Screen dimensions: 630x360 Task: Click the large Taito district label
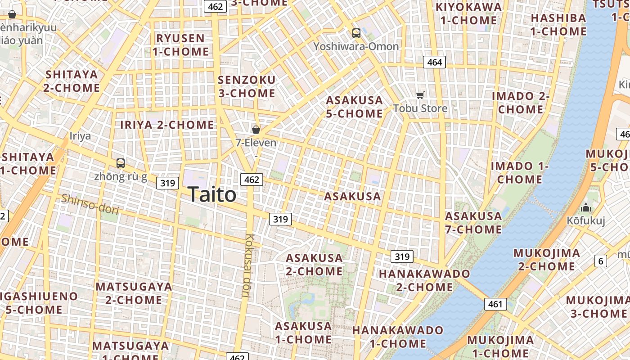[x=212, y=194]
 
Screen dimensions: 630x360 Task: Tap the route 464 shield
[x=434, y=62]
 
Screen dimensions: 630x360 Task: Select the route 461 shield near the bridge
[x=495, y=304]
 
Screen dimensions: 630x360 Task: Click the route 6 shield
[x=600, y=261]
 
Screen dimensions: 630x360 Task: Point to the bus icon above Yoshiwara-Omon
[x=356, y=33]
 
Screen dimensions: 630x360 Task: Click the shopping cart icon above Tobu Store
[x=420, y=95]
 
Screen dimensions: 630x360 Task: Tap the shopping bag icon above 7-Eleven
[x=256, y=130]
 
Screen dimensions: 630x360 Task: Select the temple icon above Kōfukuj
[x=586, y=207]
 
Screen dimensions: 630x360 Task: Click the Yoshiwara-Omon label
[x=356, y=46]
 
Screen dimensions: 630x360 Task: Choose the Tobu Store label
[x=420, y=108]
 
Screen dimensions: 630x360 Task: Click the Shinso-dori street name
[x=90, y=204]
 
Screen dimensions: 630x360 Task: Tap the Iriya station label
[x=80, y=136]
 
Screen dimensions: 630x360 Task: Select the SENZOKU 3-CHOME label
[x=246, y=86]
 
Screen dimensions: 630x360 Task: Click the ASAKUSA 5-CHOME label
[x=354, y=107]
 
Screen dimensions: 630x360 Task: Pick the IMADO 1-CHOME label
[x=520, y=172]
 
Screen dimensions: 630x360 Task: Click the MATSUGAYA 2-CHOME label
[x=134, y=293]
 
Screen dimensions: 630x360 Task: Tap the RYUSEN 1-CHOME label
[x=180, y=45]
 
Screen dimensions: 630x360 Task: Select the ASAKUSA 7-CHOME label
[x=473, y=222]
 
